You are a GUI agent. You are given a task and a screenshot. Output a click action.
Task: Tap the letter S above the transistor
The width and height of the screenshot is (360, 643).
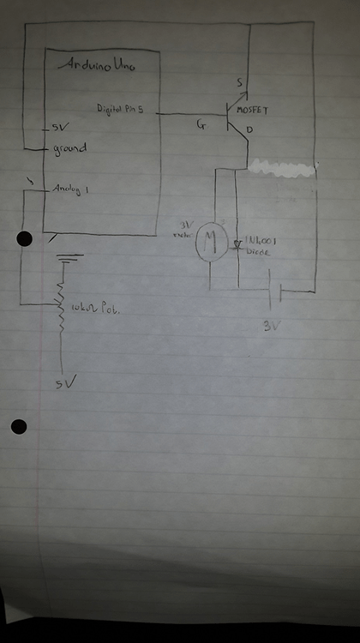pos(239,82)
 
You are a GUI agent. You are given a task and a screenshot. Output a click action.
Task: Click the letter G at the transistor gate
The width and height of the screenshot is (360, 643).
pos(201,125)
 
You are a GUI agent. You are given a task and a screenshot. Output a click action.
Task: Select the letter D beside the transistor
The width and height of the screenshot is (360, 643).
pos(249,130)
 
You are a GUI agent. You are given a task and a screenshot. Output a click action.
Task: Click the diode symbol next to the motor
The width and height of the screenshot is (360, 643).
pos(236,244)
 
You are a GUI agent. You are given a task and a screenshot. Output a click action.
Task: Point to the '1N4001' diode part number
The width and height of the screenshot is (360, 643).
pos(261,241)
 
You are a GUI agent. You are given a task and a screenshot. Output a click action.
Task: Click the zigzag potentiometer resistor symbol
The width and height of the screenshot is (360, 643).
pos(62,304)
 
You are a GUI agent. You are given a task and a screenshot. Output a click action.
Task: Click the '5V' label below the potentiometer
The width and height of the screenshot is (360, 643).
pos(62,382)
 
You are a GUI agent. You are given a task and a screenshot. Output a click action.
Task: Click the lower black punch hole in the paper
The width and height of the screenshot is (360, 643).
pos(19,426)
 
